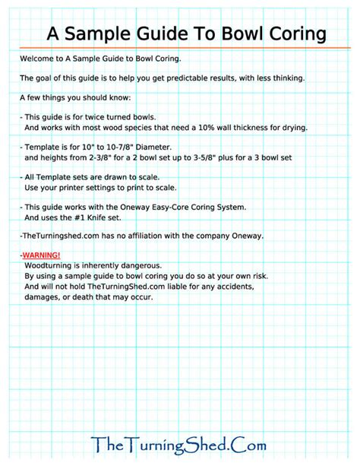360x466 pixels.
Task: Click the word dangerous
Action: tap(131, 267)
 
